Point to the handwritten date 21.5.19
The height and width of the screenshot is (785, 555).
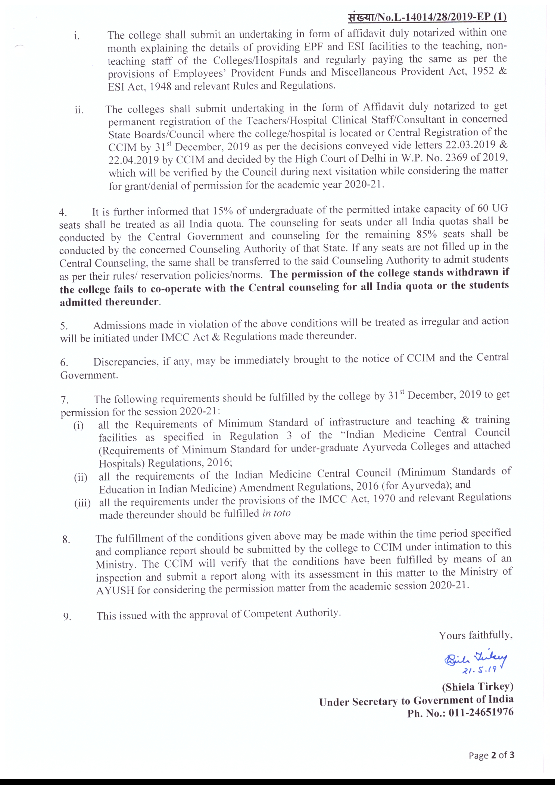pyautogui.click(x=479, y=670)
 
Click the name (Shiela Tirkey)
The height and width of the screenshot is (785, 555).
pyautogui.click(x=478, y=687)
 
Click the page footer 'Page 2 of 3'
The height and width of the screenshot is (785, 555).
pyautogui.click(x=491, y=755)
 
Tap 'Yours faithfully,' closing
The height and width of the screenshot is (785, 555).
pyautogui.click(x=476, y=635)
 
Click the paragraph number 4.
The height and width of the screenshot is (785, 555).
pyautogui.click(x=63, y=213)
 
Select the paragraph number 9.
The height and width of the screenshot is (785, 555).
pyautogui.click(x=67, y=616)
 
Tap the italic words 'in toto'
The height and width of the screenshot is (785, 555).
pyautogui.click(x=276, y=514)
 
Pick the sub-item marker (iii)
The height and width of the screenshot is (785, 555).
pyautogui.click(x=82, y=503)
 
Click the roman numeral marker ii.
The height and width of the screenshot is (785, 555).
pyautogui.click(x=79, y=110)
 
